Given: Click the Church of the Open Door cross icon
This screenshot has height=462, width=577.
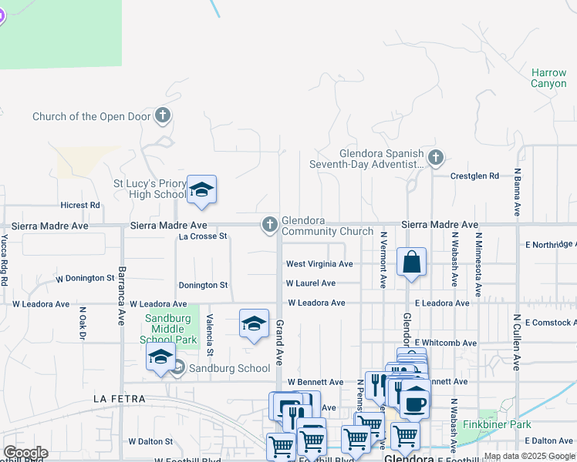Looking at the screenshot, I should pos(162,116).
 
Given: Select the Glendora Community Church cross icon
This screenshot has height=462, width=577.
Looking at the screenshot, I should pos(269,225).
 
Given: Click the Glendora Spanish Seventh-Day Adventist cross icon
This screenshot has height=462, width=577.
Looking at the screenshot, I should pos(436,159).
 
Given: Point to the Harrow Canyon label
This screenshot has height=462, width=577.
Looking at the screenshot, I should pos(548,78).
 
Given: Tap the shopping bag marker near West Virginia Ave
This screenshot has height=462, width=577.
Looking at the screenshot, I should pos(412,262).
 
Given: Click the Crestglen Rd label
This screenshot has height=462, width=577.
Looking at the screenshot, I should pos(475,176).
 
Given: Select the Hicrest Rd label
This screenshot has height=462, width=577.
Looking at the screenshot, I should pos(80,206).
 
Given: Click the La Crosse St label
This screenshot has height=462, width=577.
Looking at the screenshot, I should pos(203,236).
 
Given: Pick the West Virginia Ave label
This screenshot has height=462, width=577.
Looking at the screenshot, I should pos(319,264).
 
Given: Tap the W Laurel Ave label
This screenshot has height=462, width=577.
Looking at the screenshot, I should pos(311,283).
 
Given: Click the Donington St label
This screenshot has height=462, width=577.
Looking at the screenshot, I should pos(203,285).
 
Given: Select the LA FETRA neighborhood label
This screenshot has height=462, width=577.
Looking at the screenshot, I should pos(120,399).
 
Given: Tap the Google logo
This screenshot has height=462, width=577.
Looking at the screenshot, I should pos(25,453).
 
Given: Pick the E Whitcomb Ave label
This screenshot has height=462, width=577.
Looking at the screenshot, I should pos(446,343).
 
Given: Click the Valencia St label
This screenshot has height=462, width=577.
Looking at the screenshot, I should pos(209,334).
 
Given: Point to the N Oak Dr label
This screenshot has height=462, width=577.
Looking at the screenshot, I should pos(82,326).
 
